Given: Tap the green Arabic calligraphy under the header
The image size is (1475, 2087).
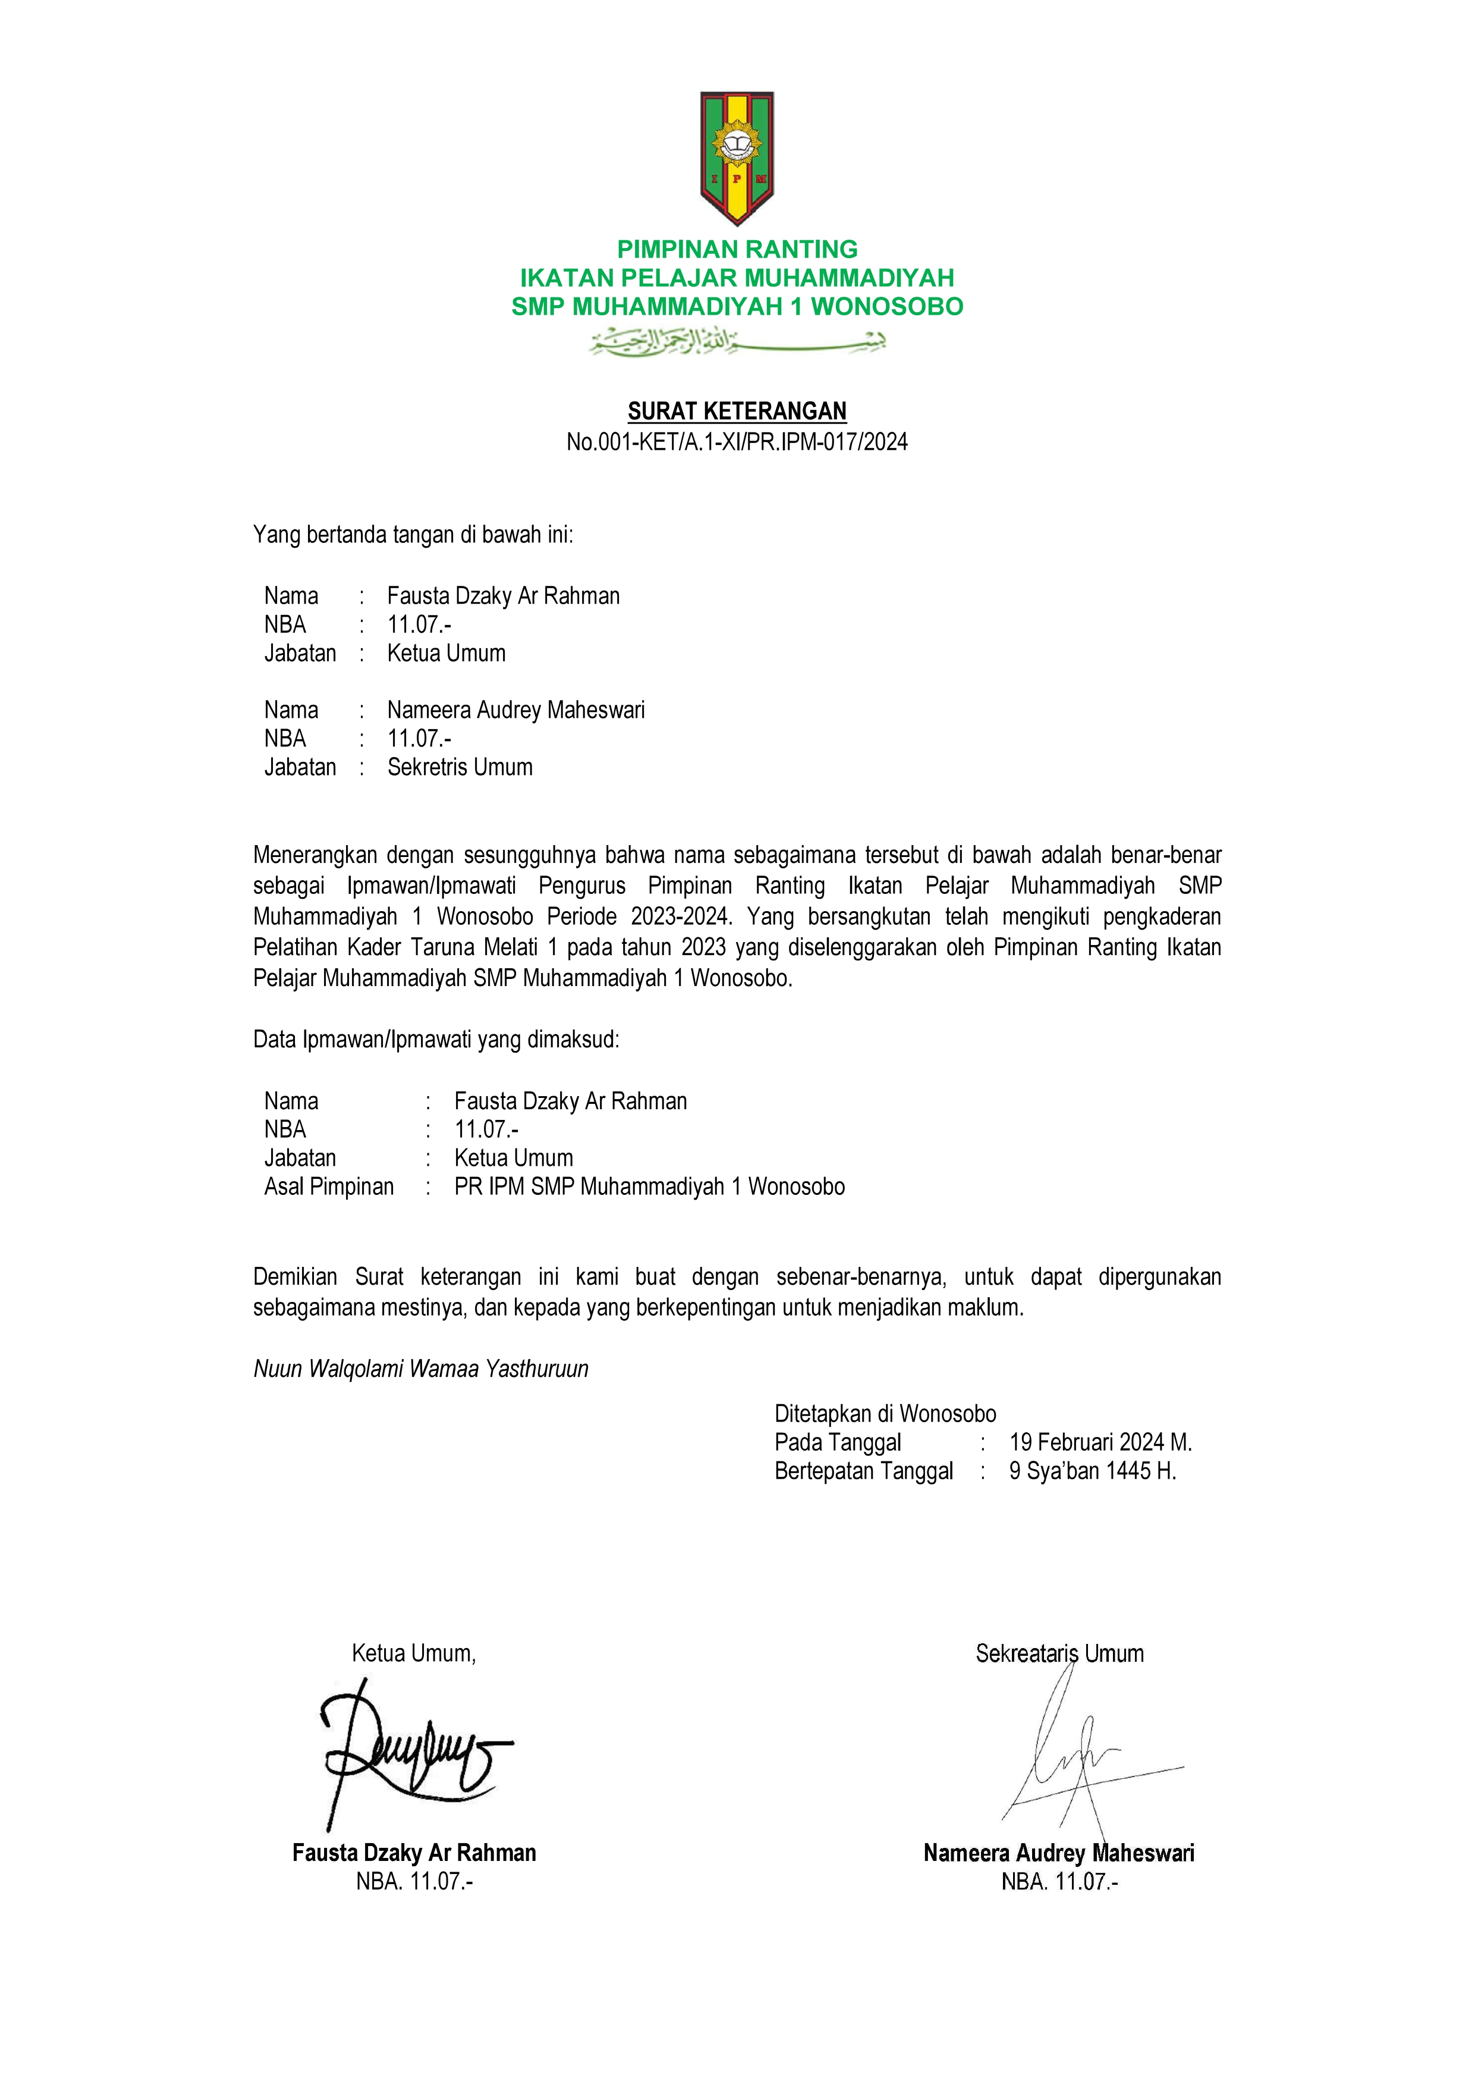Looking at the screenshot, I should pyautogui.click(x=737, y=342).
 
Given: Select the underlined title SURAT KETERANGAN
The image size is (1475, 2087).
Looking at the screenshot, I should pyautogui.click(x=737, y=412).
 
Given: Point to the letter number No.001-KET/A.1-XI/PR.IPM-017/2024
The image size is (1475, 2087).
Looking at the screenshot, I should pyautogui.click(x=737, y=442).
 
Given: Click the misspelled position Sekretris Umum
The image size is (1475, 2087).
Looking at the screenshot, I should pyautogui.click(x=460, y=767).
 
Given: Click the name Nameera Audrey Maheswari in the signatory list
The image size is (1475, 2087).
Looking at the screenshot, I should pyautogui.click(x=515, y=710).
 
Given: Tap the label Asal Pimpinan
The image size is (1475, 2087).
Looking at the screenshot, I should pyautogui.click(x=329, y=1187).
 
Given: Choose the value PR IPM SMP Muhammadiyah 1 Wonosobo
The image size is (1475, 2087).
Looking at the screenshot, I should pyautogui.click(x=649, y=1187).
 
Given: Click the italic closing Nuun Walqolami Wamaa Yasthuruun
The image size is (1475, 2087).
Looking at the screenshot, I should pyautogui.click(x=421, y=1369).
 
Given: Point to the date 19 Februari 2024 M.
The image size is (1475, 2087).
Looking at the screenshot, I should pyautogui.click(x=1100, y=1442).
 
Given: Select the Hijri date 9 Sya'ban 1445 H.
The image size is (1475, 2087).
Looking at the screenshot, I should pyautogui.click(x=1092, y=1471).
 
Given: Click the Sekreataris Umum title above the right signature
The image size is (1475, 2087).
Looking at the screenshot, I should pyautogui.click(x=1059, y=1653).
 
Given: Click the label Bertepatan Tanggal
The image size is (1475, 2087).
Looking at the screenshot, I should pyautogui.click(x=863, y=1471).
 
